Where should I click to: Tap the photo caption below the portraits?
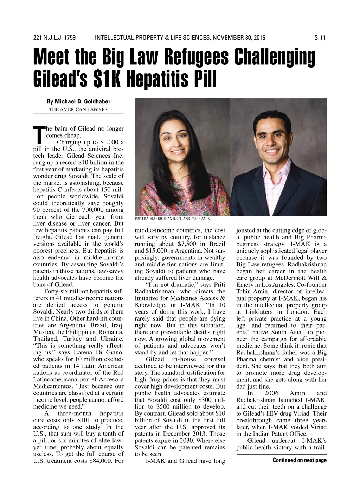(x=172, y=219)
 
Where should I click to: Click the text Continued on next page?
(x=300, y=460)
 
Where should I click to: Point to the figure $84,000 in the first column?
(x=101, y=461)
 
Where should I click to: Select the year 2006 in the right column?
(x=271, y=393)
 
